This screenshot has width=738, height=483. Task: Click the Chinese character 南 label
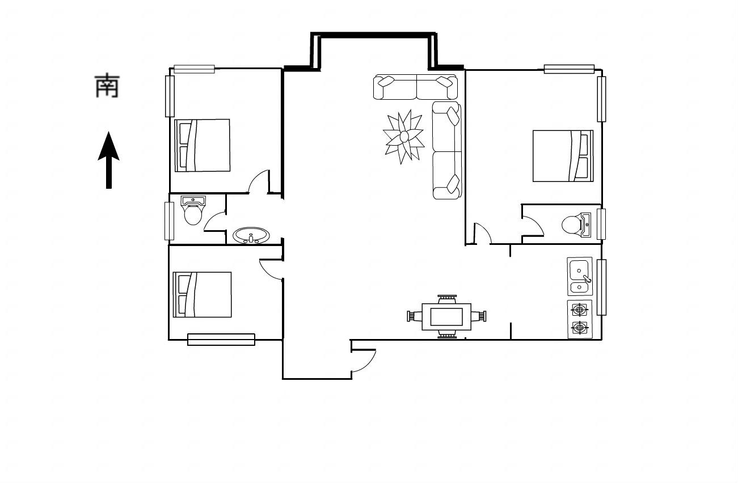click(x=107, y=86)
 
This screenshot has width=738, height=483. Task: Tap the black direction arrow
click(x=109, y=160)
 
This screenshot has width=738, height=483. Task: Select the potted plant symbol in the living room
click(x=403, y=137)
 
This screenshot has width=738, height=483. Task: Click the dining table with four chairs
click(x=447, y=317)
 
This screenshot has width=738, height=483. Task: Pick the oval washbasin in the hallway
click(x=251, y=236)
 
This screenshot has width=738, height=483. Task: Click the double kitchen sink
click(x=580, y=276)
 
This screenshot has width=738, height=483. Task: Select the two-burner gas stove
click(x=580, y=319)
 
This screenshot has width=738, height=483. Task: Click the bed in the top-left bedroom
click(x=203, y=145)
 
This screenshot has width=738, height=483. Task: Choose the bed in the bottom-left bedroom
click(x=202, y=295)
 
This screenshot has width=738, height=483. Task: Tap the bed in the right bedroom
click(x=563, y=156)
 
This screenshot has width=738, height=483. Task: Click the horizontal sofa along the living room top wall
click(x=415, y=87)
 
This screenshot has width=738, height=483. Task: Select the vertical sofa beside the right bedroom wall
click(x=447, y=150)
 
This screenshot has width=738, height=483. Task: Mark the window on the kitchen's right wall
click(x=602, y=287)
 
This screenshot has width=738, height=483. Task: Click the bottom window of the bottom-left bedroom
click(x=221, y=340)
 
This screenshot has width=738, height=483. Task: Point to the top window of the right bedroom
click(x=569, y=69)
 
